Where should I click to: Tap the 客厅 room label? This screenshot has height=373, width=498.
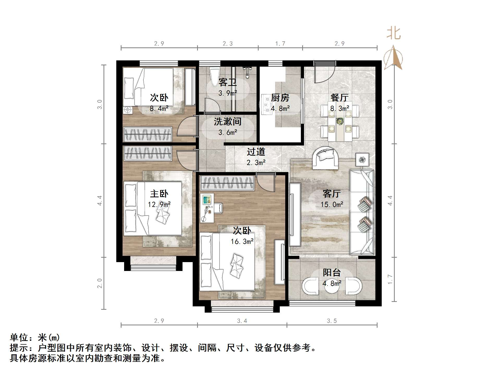click(331, 193)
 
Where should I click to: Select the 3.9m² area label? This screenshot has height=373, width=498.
click(228, 93)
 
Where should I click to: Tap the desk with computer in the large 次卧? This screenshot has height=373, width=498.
click(207, 208)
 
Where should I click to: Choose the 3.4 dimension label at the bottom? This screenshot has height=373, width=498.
click(242, 321)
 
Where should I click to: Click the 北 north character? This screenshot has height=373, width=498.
click(393, 34)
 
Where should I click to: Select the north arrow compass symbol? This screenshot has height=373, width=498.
click(393, 58)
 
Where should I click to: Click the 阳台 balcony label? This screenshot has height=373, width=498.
click(332, 273)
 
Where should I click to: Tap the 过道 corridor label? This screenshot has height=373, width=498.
click(256, 151)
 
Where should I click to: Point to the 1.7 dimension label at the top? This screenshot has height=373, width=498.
click(280, 43)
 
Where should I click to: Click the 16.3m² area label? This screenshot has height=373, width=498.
click(242, 242)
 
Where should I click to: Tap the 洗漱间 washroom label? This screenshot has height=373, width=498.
click(228, 122)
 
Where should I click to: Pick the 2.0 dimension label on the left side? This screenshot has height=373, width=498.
click(100, 283)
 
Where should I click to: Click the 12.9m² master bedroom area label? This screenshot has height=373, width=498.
click(159, 204)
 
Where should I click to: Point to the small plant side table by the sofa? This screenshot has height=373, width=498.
click(362, 159)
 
